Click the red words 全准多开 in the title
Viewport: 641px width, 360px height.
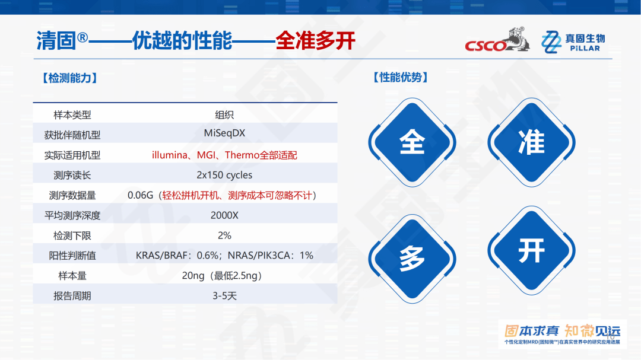point(315,40)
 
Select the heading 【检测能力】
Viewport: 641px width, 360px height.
point(69,78)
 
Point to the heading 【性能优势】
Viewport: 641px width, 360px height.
point(401,77)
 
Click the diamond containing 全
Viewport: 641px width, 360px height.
point(412,142)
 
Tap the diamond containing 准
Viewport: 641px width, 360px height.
point(531,142)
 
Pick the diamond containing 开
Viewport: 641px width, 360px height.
point(531,250)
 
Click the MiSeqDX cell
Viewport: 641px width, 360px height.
point(224,133)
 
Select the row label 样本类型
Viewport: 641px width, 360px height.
point(72,115)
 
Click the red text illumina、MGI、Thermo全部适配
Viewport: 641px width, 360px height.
point(224,155)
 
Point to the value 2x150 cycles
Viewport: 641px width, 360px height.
point(224,175)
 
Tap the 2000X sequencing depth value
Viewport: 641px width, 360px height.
point(224,215)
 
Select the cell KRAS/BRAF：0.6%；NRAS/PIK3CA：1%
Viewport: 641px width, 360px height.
point(224,256)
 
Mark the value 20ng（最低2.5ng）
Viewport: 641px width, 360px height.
point(224,276)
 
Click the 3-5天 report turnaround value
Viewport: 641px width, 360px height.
point(224,295)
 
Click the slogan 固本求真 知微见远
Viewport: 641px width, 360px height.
point(562,331)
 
